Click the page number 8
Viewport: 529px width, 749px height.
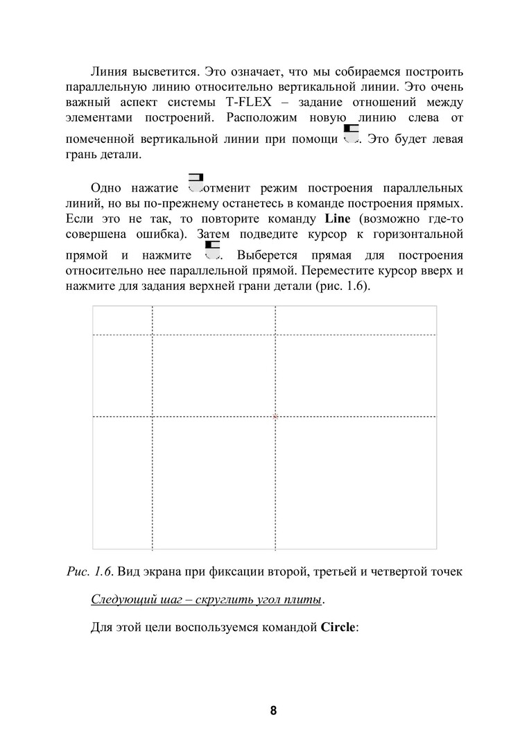(x=273, y=711)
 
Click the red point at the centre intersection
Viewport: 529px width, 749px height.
(x=276, y=417)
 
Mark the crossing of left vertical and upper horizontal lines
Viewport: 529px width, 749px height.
(x=153, y=335)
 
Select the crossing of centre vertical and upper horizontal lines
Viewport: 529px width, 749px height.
(x=276, y=335)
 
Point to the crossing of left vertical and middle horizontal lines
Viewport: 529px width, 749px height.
(x=153, y=417)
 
